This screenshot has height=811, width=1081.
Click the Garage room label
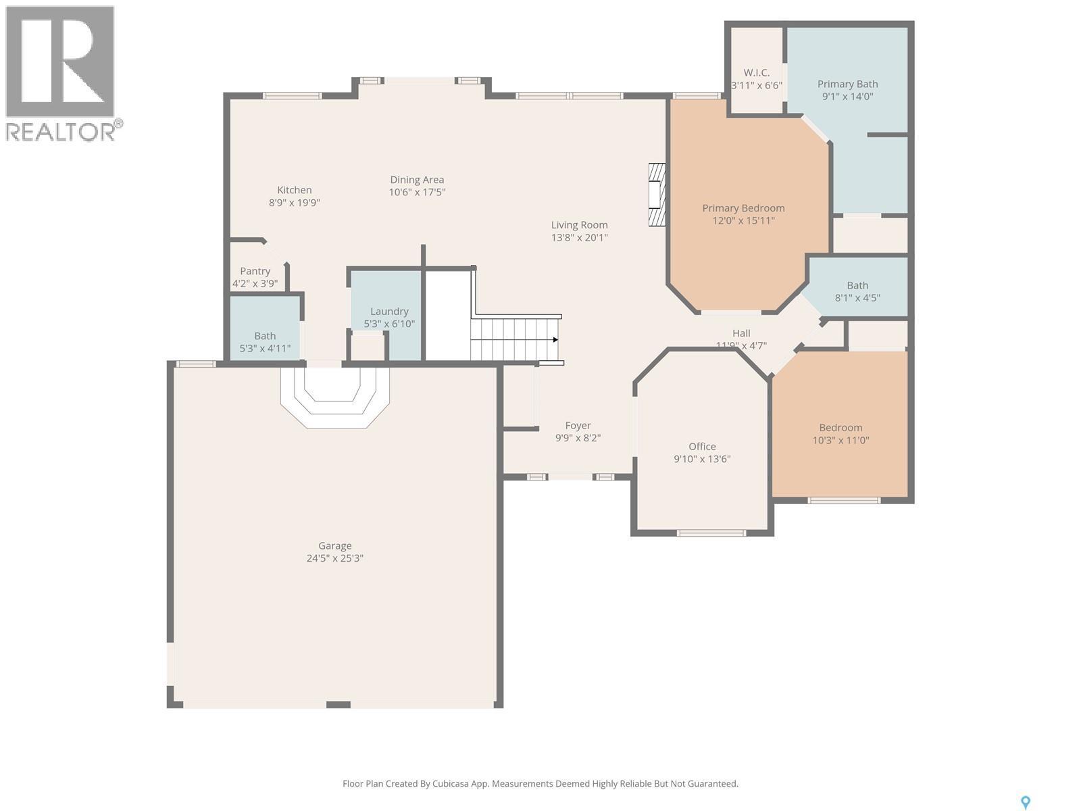pos(335,546)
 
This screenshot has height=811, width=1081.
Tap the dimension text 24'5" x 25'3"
pos(335,558)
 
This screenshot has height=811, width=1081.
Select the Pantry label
pos(255,271)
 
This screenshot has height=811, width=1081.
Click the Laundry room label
pos(389,312)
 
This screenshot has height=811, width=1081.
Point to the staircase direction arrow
pos(555,339)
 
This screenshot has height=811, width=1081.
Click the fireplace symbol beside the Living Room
pos(657,195)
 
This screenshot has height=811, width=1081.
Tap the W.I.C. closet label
pos(757,73)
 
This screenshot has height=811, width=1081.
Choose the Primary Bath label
pos(847,84)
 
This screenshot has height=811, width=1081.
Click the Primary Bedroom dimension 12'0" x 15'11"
pos(743,220)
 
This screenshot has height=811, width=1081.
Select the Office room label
pos(702,447)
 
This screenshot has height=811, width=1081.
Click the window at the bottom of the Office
pos(711,533)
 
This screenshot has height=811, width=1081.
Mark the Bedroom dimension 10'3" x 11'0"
pos(840,440)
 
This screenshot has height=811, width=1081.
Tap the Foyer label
pos(578,426)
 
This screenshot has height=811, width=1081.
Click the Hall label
pos(741,333)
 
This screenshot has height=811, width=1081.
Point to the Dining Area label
pos(417,180)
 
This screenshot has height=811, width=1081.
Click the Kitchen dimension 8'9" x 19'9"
pos(294,202)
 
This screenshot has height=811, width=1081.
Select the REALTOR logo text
pos(61,131)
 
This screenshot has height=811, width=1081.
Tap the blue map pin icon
pos(1025,802)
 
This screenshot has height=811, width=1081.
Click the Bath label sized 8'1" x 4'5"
pos(857,285)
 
